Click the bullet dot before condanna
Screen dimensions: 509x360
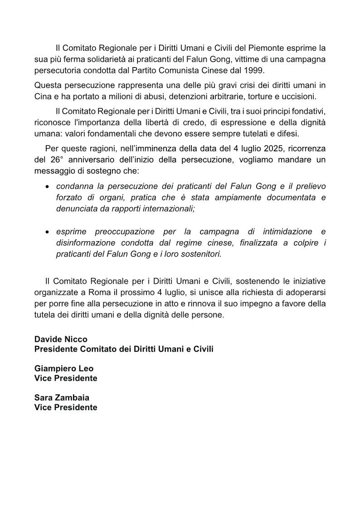coord(48,187)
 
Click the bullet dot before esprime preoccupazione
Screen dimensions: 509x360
coord(48,232)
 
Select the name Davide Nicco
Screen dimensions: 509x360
coord(61,339)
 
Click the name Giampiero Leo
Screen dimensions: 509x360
coord(64,368)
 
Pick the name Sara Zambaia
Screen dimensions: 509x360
coord(62,398)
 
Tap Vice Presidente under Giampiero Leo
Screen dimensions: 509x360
coord(66,378)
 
